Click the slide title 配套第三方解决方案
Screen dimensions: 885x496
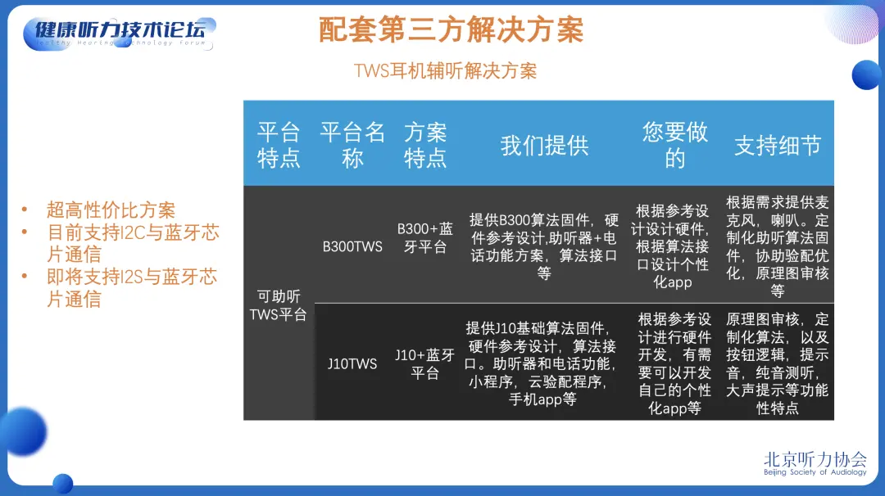point(451,29)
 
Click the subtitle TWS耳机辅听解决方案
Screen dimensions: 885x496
point(445,71)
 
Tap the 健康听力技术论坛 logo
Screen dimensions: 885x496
point(120,34)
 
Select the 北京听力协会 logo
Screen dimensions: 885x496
point(815,463)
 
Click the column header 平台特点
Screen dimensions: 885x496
point(279,145)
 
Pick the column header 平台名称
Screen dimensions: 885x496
point(352,145)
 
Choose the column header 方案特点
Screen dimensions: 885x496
point(425,145)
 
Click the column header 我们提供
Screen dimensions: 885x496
point(545,146)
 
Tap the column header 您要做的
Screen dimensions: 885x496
point(674,145)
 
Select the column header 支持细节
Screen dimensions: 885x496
point(778,146)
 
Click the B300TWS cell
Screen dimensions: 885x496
point(352,246)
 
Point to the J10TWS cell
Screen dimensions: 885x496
point(352,363)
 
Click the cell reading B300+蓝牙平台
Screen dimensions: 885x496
point(425,237)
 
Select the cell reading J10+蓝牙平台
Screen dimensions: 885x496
point(425,363)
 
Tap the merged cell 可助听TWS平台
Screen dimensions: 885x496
point(279,305)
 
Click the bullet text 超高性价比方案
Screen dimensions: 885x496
point(111,210)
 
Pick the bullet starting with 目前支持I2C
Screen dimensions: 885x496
point(133,243)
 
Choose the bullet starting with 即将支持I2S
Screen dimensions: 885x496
point(131,287)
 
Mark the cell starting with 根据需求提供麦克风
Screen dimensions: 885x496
point(777,246)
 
